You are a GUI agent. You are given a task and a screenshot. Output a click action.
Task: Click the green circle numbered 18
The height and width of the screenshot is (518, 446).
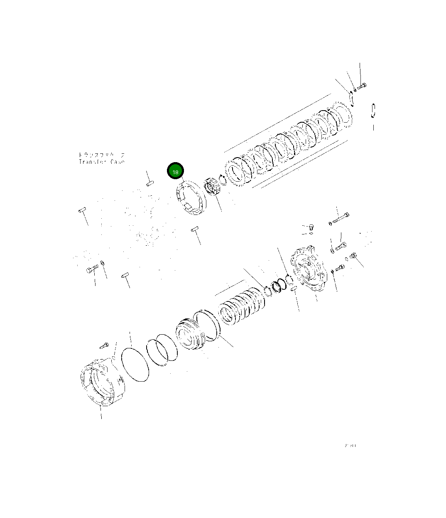175,172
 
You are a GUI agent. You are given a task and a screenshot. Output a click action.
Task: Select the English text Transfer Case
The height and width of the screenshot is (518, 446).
101,162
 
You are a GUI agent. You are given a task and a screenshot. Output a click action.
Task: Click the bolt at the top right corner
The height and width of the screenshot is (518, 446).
361,86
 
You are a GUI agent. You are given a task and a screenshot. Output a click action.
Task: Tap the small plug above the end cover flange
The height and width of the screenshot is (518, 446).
311,227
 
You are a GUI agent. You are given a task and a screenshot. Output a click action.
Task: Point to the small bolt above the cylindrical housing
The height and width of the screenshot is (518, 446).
104,345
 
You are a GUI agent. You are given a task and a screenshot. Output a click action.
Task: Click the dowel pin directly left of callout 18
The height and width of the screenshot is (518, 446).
150,183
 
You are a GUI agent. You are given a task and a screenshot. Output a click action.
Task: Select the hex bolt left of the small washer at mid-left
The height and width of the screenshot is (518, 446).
92,269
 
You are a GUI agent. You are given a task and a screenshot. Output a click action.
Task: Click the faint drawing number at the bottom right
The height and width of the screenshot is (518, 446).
350,446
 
